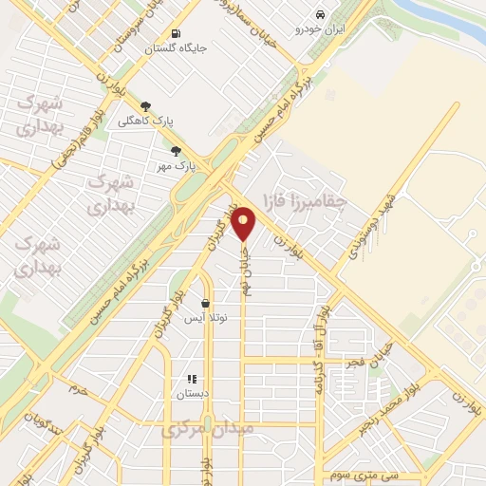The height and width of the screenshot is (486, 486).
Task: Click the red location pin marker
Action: [x=244, y=224]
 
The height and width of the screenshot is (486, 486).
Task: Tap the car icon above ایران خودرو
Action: [x=321, y=14]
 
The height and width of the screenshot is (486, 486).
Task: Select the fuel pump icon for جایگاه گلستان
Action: [x=175, y=33]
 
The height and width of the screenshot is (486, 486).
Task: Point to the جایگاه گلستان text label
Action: [x=176, y=48]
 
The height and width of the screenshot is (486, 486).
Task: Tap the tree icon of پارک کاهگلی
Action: [x=145, y=107]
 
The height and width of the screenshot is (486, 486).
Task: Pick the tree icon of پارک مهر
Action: [x=176, y=151]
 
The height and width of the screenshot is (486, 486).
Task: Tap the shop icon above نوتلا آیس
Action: [x=205, y=304]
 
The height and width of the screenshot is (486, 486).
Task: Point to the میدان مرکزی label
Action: [x=207, y=429]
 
